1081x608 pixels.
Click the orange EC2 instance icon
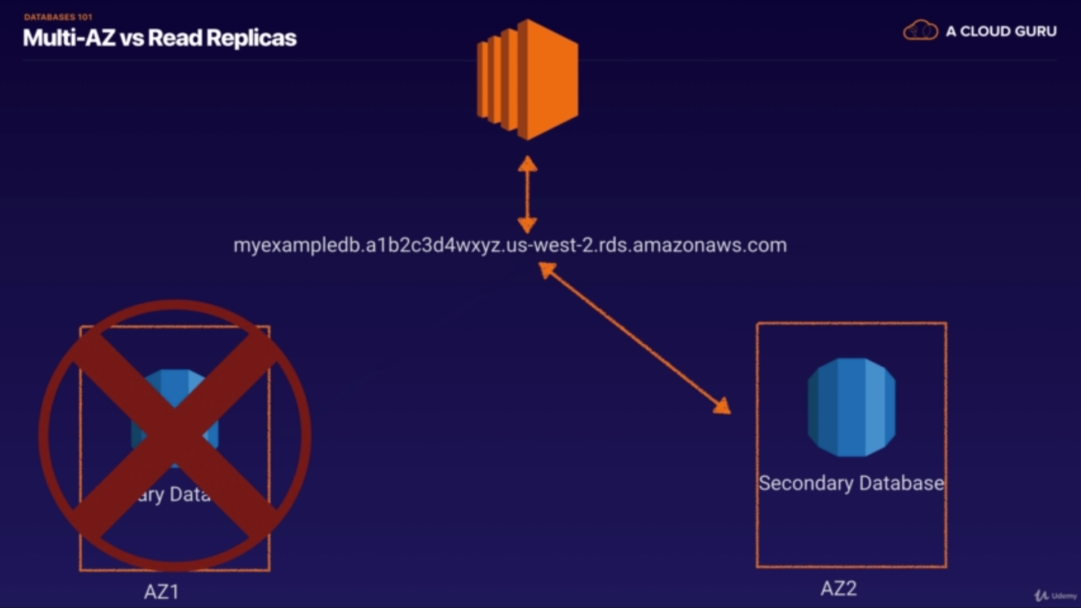tap(527, 79)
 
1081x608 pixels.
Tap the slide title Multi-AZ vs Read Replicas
tap(160, 38)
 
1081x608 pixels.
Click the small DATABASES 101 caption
tap(58, 17)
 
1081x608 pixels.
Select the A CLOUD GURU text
tap(1001, 32)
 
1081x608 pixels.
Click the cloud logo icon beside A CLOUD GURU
tap(920, 30)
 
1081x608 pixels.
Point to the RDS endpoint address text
tap(510, 246)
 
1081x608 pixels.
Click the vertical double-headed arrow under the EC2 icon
tap(527, 194)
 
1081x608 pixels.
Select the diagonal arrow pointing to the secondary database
tap(634, 338)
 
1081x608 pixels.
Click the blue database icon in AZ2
tap(851, 407)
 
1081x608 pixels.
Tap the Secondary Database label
tap(851, 483)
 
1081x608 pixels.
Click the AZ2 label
tap(839, 588)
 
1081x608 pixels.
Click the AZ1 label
tap(162, 592)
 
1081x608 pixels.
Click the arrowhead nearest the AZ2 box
tap(722, 406)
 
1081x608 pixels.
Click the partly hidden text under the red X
tap(172, 494)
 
